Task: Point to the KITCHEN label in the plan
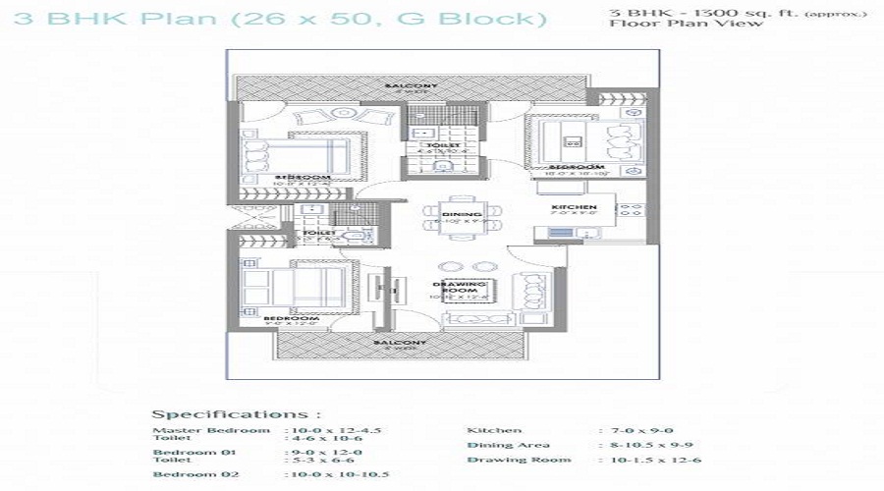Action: tap(574, 207)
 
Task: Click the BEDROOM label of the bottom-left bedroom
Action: tap(291, 318)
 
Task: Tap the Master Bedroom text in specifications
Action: tap(210, 430)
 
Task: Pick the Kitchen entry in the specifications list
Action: tap(494, 430)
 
